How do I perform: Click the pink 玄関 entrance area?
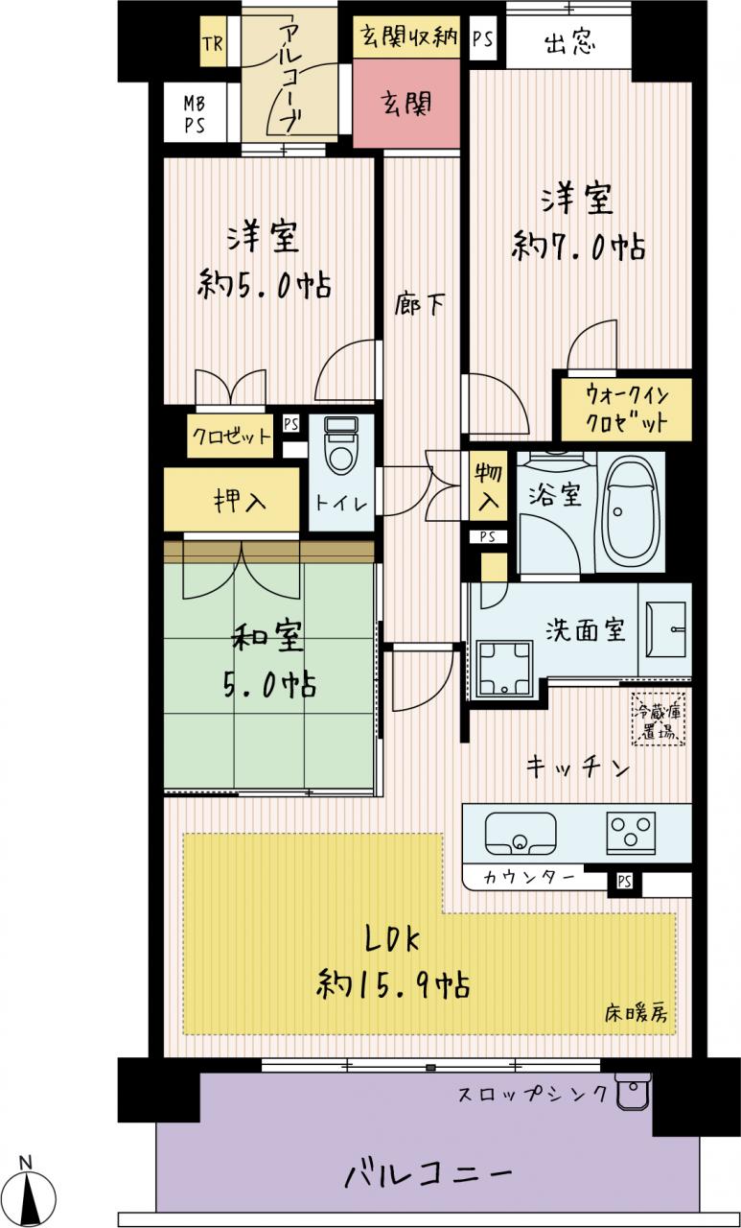pos(405,103)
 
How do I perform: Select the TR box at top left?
pos(213,42)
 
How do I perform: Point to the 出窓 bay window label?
pos(569,41)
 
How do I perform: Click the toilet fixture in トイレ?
pos(340,445)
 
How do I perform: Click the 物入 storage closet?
pos(488,485)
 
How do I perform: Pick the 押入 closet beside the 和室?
pos(232,499)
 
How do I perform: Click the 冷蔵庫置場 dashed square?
pos(659,719)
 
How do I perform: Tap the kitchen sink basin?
pos(521,833)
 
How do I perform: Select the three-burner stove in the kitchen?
pos(631,833)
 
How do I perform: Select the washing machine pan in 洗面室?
pos(505,669)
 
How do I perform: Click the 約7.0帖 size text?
pos(578,248)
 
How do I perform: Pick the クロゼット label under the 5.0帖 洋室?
pos(231,437)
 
